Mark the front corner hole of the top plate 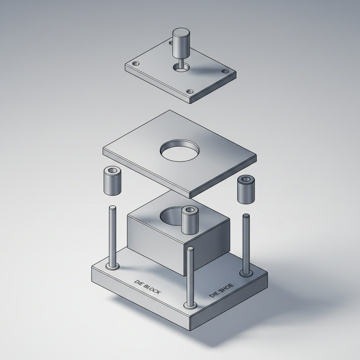(x=190, y=91)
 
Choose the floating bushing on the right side (x=246, y=190)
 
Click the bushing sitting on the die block (x=190, y=220)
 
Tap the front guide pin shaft (x=191, y=274)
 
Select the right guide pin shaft (x=246, y=243)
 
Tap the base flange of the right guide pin (x=246, y=273)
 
